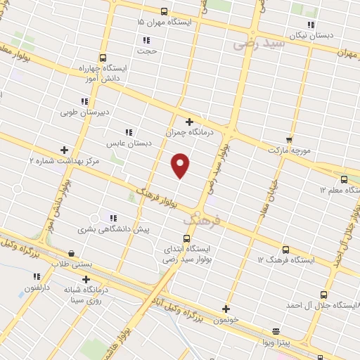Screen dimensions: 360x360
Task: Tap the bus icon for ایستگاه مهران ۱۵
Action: [x=164, y=11]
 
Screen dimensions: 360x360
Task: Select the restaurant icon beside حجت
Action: [x=146, y=41]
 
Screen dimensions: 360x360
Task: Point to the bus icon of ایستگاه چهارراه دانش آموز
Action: [x=103, y=58]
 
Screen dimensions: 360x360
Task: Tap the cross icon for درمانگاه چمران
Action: [x=189, y=122]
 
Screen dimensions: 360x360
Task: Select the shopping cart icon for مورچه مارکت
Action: [x=289, y=140]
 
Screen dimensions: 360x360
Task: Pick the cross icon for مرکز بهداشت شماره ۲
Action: [x=65, y=149]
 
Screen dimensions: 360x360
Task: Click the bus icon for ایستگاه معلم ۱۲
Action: [x=344, y=179]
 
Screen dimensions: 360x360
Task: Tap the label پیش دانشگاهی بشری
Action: [x=105, y=229]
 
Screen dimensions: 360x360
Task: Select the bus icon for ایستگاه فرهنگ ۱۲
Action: [x=285, y=250]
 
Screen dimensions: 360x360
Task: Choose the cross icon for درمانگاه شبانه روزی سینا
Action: [x=86, y=279]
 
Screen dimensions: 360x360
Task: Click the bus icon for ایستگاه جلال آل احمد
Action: [x=323, y=295]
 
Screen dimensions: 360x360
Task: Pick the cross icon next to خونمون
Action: [x=226, y=308]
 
